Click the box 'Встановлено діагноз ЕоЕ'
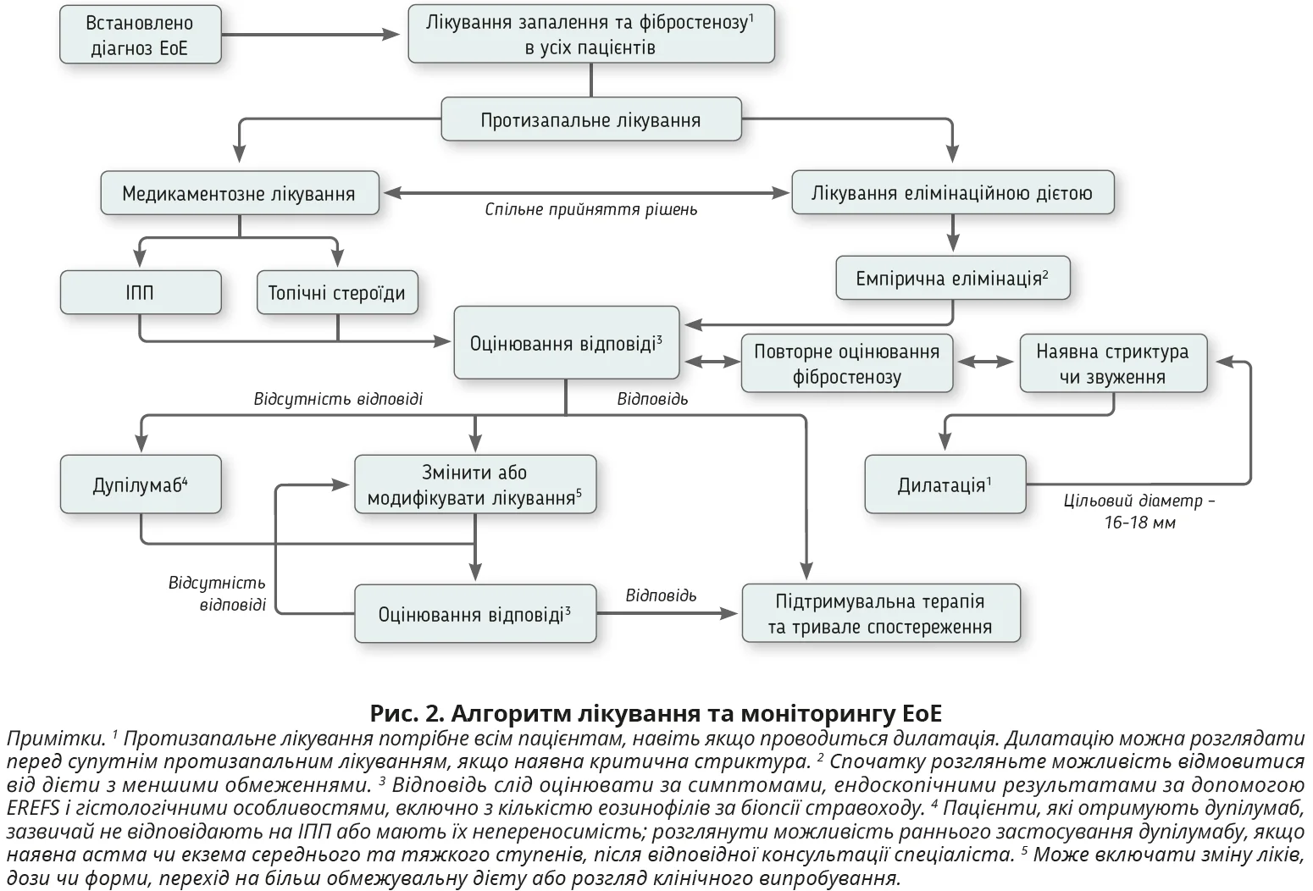(140, 36)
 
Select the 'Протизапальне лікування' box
(590, 119)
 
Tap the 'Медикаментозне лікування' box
(239, 193)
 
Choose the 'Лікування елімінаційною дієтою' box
(952, 192)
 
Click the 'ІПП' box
(141, 293)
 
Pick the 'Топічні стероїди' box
(337, 293)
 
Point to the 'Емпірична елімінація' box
(952, 279)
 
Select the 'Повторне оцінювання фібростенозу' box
(846, 364)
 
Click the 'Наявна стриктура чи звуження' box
(1112, 363)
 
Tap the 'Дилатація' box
(945, 484)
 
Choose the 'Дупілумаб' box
(141, 484)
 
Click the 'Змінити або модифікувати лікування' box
(474, 484)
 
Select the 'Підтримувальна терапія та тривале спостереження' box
(880, 614)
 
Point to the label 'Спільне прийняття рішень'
(590, 209)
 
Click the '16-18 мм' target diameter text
(1139, 523)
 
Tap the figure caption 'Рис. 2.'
(407, 712)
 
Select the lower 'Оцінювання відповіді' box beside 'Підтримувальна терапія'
(474, 614)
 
